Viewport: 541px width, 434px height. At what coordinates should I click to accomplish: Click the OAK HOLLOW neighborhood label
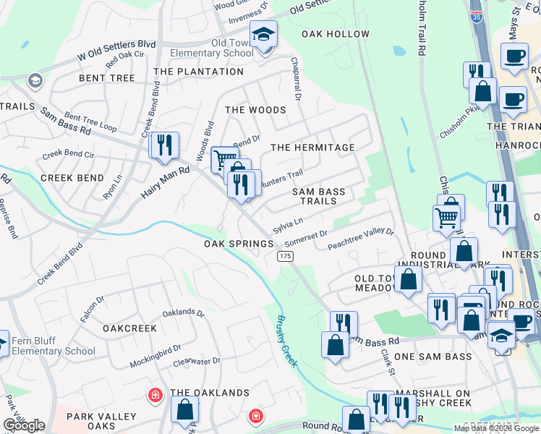pos(336,34)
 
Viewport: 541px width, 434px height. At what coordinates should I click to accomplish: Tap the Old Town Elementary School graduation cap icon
pos(263,35)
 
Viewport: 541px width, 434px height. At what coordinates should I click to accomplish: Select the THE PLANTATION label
pos(199,72)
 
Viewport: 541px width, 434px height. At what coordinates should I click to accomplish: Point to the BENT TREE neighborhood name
pos(108,77)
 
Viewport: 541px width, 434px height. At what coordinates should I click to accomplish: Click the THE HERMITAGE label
pos(312,148)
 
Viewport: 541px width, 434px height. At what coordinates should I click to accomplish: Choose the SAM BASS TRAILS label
pos(318,197)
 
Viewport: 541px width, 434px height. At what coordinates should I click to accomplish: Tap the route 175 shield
pos(284,257)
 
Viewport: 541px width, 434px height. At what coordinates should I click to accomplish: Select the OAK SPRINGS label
pos(239,244)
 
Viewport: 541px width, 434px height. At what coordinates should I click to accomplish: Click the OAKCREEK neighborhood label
pos(129,328)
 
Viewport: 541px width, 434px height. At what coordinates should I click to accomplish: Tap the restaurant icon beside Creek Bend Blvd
pos(164,145)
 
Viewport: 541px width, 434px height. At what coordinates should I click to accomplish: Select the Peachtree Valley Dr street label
pos(359,239)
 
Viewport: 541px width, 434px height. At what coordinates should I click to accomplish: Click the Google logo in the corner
pos(24,425)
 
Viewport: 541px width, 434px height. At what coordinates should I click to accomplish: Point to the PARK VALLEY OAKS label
pos(101,421)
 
